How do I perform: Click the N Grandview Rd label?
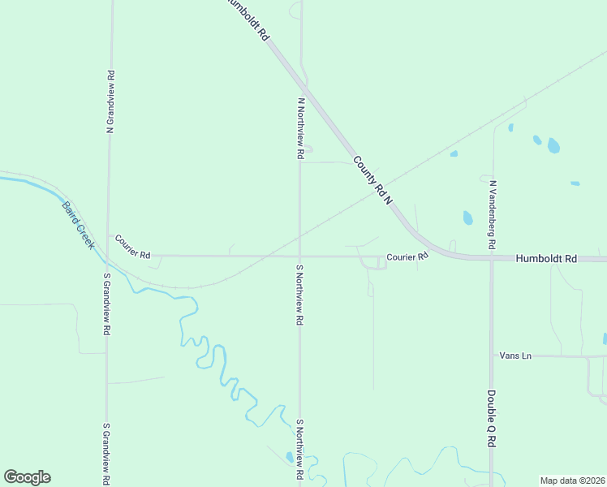(110, 101)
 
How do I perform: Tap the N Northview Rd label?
(300, 128)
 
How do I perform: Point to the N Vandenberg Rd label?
(492, 213)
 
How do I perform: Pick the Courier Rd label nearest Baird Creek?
(133, 247)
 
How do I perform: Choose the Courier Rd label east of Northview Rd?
(407, 256)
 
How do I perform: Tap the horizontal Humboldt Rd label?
(546, 258)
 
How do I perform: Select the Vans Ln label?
(515, 356)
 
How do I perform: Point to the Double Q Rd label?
(492, 418)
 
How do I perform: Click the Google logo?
(27, 477)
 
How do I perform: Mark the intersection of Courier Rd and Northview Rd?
(299, 256)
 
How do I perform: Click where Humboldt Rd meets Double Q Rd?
(491, 260)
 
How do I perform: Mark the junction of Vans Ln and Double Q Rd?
(491, 356)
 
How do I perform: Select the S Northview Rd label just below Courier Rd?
(299, 295)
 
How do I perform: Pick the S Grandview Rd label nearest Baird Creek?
(106, 304)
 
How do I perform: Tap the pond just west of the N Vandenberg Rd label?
(467, 218)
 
